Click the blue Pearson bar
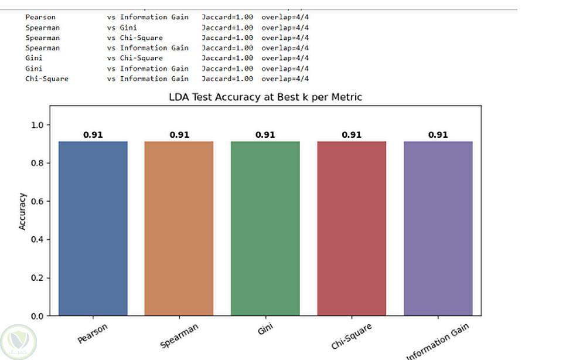[93, 228]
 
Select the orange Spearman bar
[179, 228]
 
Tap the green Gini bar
[265, 228]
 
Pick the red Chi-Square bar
[352, 228]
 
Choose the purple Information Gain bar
[438, 228]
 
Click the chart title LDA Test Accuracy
[265, 97]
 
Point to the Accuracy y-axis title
[23, 211]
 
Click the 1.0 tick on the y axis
[37, 125]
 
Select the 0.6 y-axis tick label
[37, 201]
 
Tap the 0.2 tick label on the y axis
[37, 278]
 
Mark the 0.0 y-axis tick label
[37, 316]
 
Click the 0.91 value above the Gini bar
[265, 135]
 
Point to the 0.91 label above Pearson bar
[93, 135]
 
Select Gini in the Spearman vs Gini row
[128, 28]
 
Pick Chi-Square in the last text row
[47, 79]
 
